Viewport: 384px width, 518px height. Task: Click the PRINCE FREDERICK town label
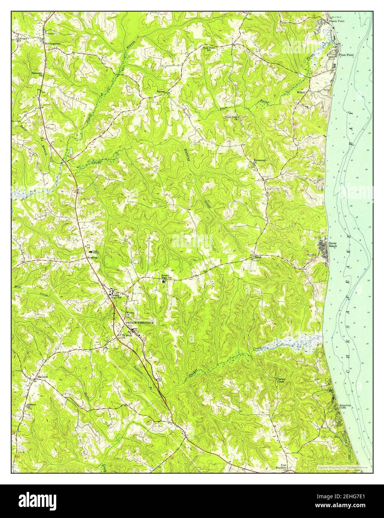[139, 322]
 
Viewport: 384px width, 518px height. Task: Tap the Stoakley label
[92, 258]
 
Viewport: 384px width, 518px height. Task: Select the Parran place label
[161, 91]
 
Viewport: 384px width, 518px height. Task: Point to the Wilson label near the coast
[301, 92]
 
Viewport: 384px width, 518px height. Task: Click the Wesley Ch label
[130, 313]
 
